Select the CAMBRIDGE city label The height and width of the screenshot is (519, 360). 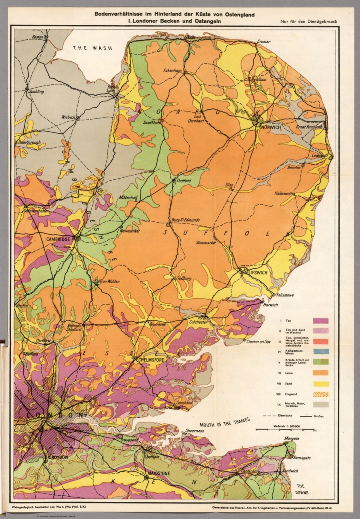pyautogui.click(x=58, y=239)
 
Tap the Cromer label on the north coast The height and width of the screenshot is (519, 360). pyautogui.click(x=264, y=42)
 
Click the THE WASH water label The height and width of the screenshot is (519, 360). pyautogui.click(x=93, y=48)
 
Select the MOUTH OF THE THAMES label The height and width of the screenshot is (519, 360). pyautogui.click(x=224, y=422)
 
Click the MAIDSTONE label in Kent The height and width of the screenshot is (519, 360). pyautogui.click(x=158, y=473)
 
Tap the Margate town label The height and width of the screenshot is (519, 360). pyautogui.click(x=291, y=438)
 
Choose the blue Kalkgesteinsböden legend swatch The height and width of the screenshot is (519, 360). pyautogui.click(x=320, y=352)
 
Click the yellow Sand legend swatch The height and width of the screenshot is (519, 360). pyautogui.click(x=320, y=384)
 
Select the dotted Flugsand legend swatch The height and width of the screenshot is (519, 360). pyautogui.click(x=320, y=394)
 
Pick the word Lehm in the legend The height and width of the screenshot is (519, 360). pyautogui.click(x=289, y=373)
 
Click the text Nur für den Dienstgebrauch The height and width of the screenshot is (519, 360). pyautogui.click(x=308, y=22)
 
